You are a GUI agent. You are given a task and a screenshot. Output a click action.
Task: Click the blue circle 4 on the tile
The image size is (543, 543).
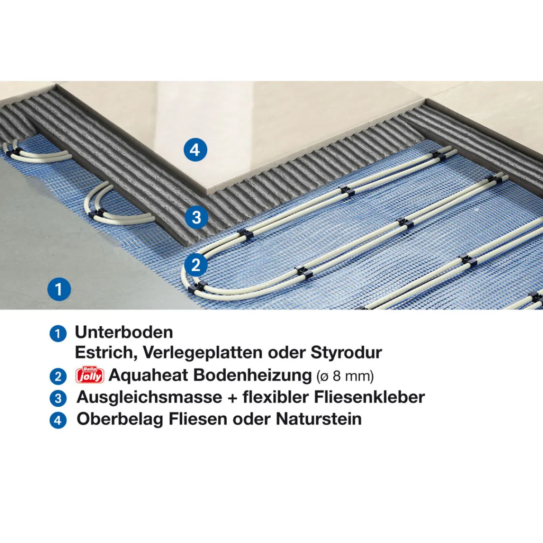pyautogui.click(x=195, y=150)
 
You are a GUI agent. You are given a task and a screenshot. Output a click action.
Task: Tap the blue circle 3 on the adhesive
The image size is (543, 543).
pyautogui.click(x=196, y=218)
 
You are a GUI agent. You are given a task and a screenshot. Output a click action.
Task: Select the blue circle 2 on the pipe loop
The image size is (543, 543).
pyautogui.click(x=195, y=265)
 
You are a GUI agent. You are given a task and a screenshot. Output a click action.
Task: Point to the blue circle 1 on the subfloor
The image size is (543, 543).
pyautogui.click(x=59, y=289)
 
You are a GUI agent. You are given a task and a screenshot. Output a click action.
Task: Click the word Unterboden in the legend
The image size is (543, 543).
pyautogui.click(x=124, y=333)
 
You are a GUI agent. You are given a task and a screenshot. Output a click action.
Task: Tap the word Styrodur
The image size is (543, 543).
pyautogui.click(x=346, y=352)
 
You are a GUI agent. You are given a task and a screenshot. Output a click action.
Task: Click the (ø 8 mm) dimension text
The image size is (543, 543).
pyautogui.click(x=345, y=376)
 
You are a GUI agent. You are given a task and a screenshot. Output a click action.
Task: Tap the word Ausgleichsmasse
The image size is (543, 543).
pyautogui.click(x=149, y=397)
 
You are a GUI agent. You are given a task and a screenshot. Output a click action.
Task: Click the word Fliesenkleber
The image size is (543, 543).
pyautogui.click(x=369, y=397)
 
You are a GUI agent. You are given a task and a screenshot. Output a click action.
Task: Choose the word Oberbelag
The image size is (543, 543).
pyautogui.click(x=120, y=419)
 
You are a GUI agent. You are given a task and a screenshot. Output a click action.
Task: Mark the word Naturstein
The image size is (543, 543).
pyautogui.click(x=319, y=419)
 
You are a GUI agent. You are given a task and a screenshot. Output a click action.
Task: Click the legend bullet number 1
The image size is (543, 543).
pyautogui.click(x=58, y=334)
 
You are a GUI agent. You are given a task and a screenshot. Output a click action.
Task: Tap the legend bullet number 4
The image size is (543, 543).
pyautogui.click(x=58, y=420)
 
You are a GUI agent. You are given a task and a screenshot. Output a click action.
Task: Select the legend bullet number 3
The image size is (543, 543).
pyautogui.click(x=58, y=399)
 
